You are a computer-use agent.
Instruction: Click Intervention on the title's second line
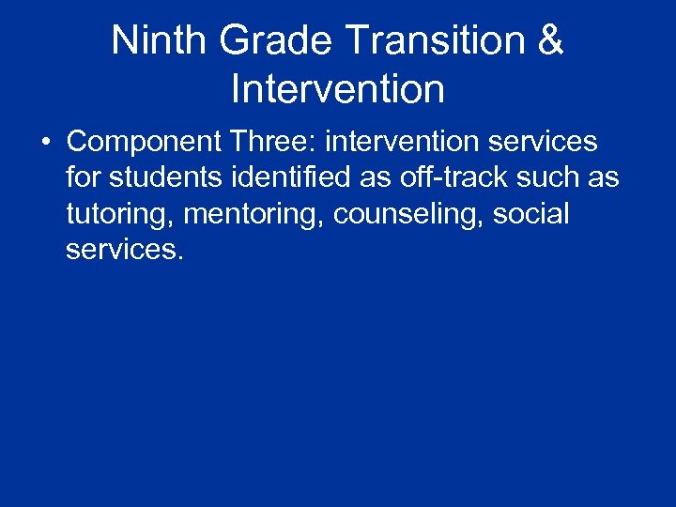(x=337, y=89)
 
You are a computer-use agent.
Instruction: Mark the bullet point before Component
(x=45, y=143)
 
